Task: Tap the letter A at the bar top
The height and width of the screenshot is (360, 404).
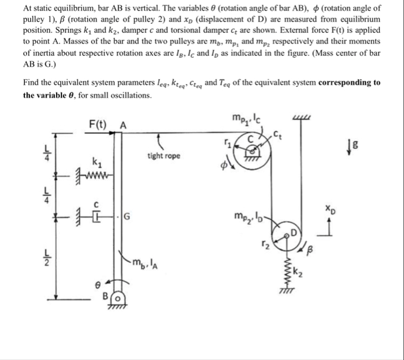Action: tap(123, 125)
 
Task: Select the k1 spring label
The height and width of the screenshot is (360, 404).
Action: tap(95, 160)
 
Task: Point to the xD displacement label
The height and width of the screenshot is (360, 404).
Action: tap(330, 207)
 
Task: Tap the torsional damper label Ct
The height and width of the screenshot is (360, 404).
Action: tap(277, 132)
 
